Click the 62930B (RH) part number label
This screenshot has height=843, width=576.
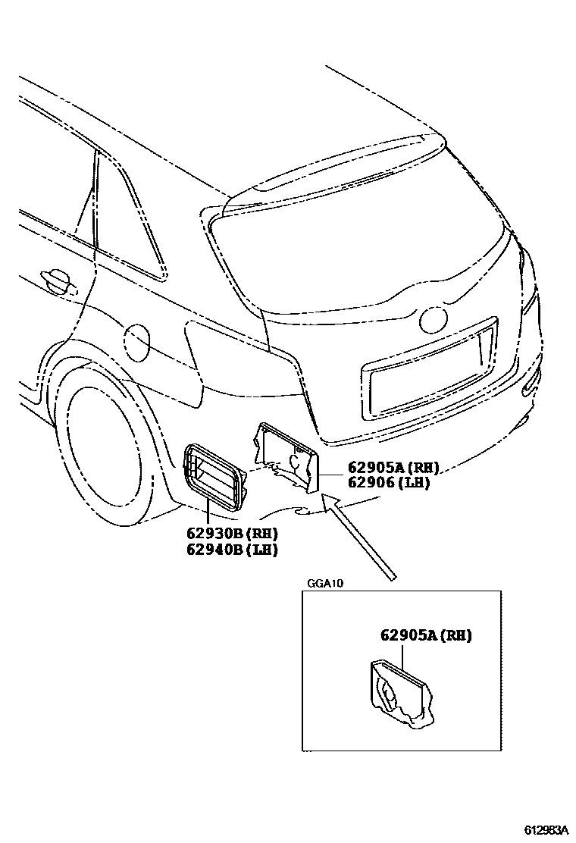[x=230, y=533]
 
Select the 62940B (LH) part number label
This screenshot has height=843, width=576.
[x=230, y=550]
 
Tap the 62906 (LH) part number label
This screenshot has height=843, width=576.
[x=389, y=482]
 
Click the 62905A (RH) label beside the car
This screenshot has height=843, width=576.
[x=393, y=467]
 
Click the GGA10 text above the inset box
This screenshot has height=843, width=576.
[x=326, y=583]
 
